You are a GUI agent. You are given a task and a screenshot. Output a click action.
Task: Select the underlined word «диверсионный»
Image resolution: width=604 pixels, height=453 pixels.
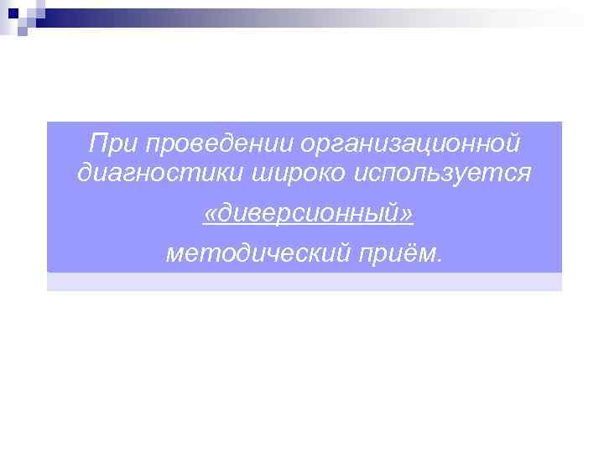point(309,216)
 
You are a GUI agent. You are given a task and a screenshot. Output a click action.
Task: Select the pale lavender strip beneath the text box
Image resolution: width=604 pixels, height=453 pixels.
point(304,282)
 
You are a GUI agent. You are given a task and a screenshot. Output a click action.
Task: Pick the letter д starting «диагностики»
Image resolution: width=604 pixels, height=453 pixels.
point(82,174)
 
